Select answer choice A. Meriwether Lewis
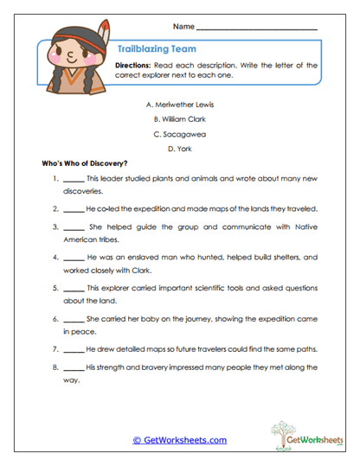tap(180, 104)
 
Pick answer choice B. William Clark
tap(180, 119)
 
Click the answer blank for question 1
tap(74, 182)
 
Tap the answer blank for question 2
tap(74, 209)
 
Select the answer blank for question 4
tap(74, 258)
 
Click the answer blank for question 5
tap(74, 289)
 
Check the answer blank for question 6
tap(74, 319)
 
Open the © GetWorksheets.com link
tap(179, 440)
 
